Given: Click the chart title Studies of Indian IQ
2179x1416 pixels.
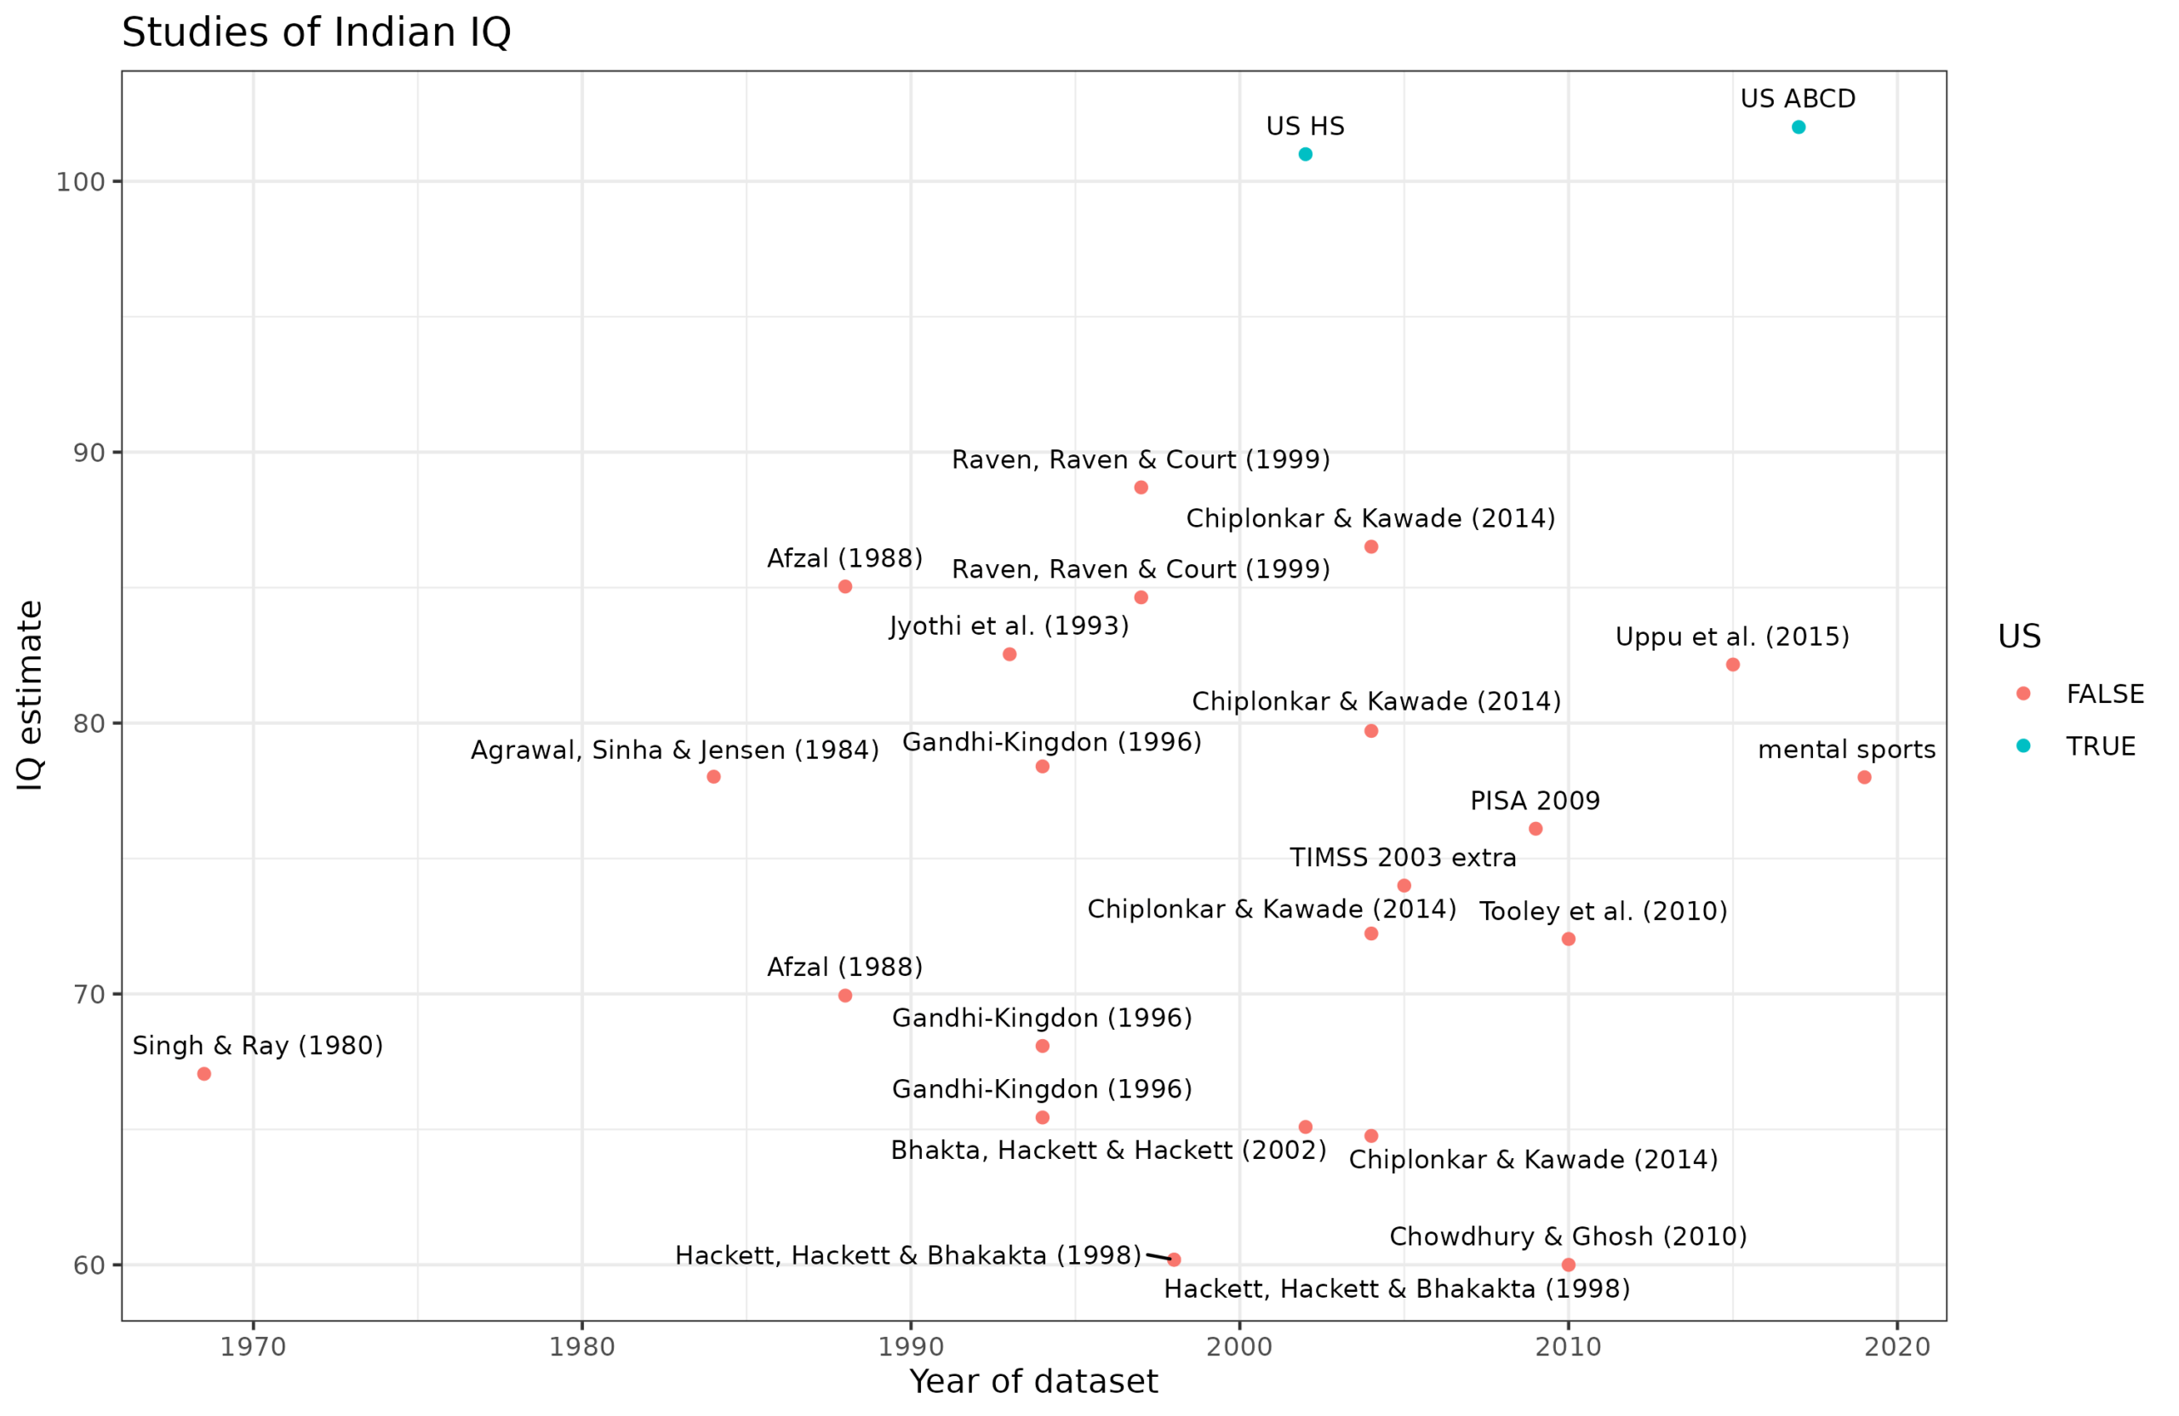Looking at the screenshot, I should (x=316, y=33).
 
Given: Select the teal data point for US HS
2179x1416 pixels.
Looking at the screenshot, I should (x=1306, y=154).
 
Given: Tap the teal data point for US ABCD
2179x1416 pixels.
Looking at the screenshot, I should (x=1799, y=128).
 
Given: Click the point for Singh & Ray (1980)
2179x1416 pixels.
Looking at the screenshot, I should (x=204, y=1074).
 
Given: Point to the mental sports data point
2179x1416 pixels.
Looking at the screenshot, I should (x=1864, y=777).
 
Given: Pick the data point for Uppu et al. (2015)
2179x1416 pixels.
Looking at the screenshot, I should (x=1732, y=665).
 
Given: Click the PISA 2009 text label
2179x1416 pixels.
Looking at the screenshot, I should (x=1535, y=801).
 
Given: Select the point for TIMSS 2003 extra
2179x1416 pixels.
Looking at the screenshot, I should (x=1404, y=885).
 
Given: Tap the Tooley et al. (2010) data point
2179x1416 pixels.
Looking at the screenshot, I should (x=1569, y=939).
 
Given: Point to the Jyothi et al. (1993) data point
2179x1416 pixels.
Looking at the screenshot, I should (x=1009, y=654).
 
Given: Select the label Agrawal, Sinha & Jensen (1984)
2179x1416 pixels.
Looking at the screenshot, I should (x=674, y=751).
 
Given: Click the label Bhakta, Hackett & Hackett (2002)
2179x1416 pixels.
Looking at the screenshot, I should (x=1108, y=1150).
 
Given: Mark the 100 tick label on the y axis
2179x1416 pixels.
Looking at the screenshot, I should (x=81, y=182).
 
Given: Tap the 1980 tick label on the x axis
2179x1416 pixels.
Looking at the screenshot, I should (x=582, y=1347).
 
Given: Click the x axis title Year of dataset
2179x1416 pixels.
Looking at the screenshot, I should (x=1032, y=1381).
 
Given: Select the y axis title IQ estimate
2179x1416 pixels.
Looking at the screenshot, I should (x=30, y=694).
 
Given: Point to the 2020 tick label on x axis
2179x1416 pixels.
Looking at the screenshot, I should (x=1897, y=1347).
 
